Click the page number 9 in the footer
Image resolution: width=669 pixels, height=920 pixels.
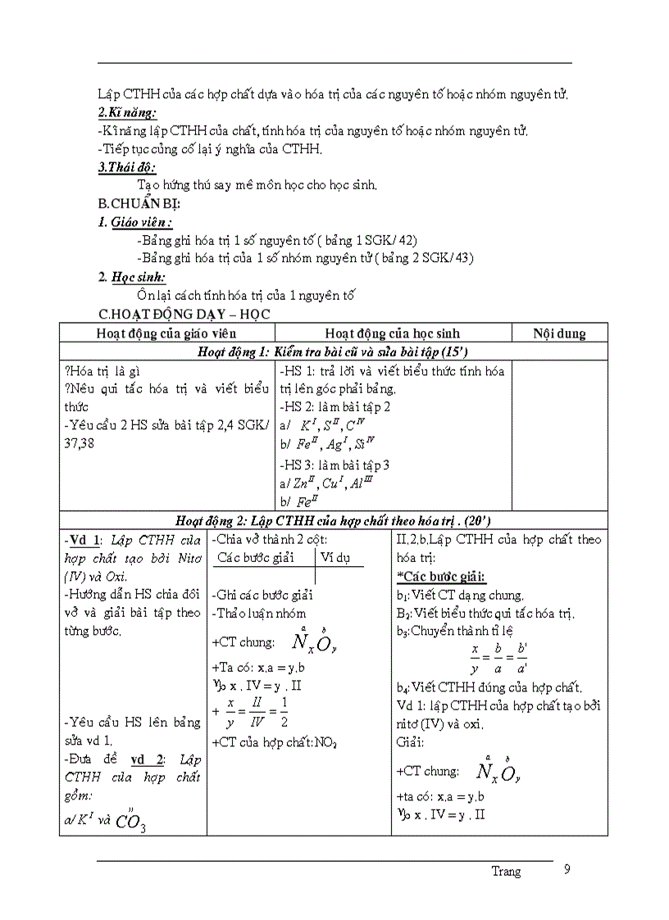click(x=567, y=870)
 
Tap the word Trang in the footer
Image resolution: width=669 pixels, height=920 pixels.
click(x=506, y=872)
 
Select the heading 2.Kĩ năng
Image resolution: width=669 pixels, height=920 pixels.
click(x=127, y=112)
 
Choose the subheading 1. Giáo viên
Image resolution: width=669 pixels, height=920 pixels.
click(x=135, y=222)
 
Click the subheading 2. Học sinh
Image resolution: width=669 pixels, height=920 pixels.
click(x=132, y=278)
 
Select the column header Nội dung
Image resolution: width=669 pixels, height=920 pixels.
click(x=559, y=333)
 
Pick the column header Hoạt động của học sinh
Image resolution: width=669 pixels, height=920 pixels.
click(x=392, y=333)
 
